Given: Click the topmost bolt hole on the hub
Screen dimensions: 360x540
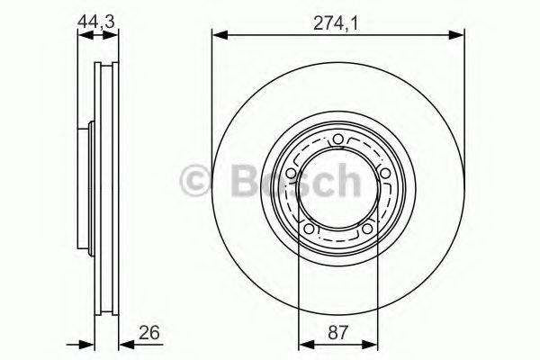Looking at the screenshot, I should [337, 139].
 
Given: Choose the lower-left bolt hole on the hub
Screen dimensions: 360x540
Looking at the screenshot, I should [310, 230].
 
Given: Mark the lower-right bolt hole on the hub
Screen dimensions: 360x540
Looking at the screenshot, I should [365, 230].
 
